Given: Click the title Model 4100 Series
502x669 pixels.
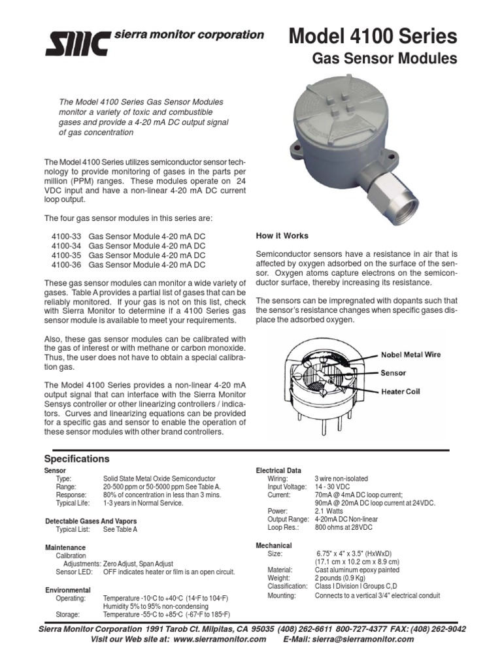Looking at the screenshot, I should pyautogui.click(x=373, y=35).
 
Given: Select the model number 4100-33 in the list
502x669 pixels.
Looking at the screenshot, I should pyautogui.click(x=65, y=237).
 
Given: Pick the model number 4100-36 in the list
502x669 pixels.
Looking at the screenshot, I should pyautogui.click(x=65, y=265).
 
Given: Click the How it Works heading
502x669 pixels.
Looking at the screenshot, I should pyautogui.click(x=282, y=236).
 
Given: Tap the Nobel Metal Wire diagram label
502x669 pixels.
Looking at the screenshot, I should pyautogui.click(x=412, y=355).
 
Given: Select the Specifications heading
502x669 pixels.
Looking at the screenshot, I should pyautogui.click(x=76, y=459).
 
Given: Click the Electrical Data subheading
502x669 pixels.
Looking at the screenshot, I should pyautogui.click(x=278, y=470).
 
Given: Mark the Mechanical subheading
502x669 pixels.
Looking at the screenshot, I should pyautogui.click(x=273, y=546).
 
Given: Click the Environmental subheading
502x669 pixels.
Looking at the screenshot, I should pyautogui.click(x=67, y=590).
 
